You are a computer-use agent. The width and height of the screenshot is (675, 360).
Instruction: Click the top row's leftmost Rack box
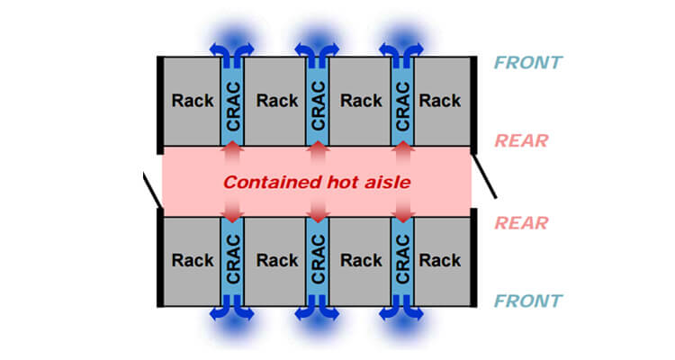click(192, 101)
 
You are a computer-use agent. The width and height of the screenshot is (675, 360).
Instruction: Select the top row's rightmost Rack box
click(441, 101)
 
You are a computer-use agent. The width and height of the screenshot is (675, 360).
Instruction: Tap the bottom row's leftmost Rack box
click(192, 260)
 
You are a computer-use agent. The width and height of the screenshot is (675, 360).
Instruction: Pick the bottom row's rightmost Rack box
click(441, 260)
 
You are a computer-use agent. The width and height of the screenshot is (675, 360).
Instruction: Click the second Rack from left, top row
click(276, 101)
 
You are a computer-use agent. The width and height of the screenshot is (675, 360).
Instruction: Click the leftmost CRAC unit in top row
click(233, 101)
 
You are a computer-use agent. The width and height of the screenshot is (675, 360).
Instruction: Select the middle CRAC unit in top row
click(318, 101)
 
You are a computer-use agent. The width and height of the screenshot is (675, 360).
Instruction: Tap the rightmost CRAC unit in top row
click(402, 101)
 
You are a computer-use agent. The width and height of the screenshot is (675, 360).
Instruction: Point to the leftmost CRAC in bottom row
click(233, 260)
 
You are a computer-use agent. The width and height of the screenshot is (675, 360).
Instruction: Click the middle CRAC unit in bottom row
click(318, 260)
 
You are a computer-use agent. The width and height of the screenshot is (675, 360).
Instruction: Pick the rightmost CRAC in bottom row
click(402, 260)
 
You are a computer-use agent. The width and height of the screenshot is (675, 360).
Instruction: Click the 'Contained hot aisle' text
click(317, 181)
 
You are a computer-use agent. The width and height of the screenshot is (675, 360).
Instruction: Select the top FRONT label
click(527, 63)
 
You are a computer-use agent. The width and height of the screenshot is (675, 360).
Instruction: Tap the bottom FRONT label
click(527, 301)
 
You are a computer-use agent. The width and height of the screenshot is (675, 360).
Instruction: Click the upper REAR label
click(521, 140)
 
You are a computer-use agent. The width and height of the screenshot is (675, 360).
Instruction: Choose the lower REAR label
click(521, 221)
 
